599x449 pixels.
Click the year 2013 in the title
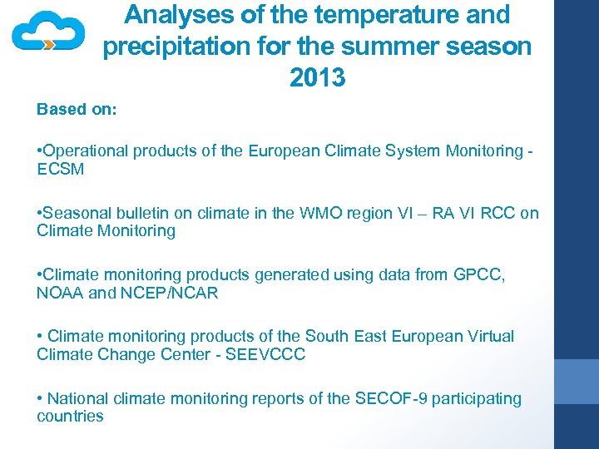(317, 77)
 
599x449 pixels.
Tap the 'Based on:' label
(77, 110)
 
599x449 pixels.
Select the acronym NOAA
(59, 293)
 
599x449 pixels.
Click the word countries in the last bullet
(70, 417)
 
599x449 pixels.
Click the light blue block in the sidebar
(576, 382)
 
